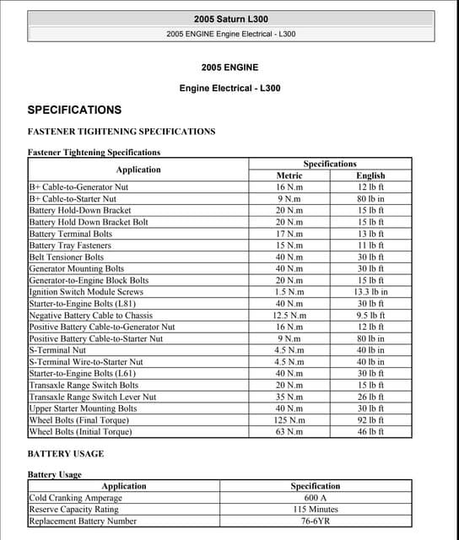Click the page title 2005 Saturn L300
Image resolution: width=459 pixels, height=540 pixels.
click(230, 19)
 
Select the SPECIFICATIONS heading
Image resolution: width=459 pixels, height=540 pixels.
click(74, 110)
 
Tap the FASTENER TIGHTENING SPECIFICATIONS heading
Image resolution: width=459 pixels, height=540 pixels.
click(121, 132)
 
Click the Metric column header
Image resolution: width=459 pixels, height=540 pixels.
click(289, 175)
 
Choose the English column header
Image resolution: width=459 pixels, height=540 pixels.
click(370, 175)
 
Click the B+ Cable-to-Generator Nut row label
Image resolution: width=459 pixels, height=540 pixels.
click(78, 187)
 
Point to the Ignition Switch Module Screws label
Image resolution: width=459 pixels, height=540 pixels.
click(86, 292)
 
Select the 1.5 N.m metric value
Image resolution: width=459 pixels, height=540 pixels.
click(289, 292)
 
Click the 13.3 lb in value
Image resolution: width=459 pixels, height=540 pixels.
click(370, 292)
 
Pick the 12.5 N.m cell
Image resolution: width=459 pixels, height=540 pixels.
click(289, 316)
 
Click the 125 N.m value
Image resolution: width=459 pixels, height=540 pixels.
click(289, 420)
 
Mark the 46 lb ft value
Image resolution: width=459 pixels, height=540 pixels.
click(370, 432)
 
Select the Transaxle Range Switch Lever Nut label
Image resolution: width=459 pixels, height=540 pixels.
click(93, 397)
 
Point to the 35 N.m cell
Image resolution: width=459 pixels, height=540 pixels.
click(289, 397)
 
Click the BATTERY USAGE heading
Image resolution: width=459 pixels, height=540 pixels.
click(66, 454)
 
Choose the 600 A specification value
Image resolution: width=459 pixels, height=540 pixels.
click(315, 498)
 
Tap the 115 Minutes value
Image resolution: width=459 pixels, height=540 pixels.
click(315, 510)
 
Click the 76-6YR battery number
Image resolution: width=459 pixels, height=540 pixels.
click(315, 521)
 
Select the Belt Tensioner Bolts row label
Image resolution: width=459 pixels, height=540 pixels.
click(67, 257)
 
